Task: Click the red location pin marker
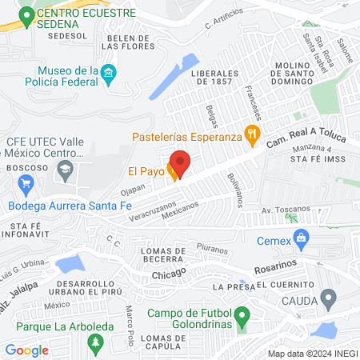pos(181,163)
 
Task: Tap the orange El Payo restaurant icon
pos(172,170)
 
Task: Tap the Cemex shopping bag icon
pos(301,237)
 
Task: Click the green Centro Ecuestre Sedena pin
pos(27,14)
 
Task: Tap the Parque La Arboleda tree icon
pos(95,342)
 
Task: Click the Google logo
pos(27,350)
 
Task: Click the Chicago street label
pos(169,274)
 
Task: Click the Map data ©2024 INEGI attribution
pos(312,353)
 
